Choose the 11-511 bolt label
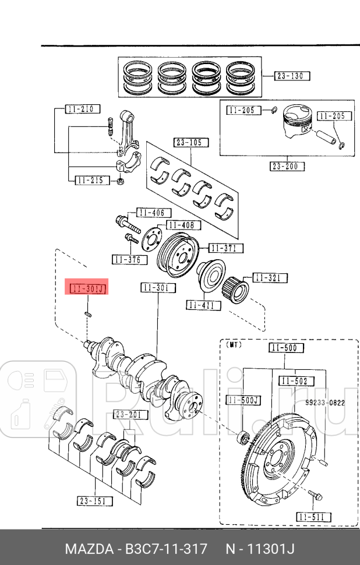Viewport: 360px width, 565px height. [x=313, y=517]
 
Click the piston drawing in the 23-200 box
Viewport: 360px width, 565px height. [x=297, y=121]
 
